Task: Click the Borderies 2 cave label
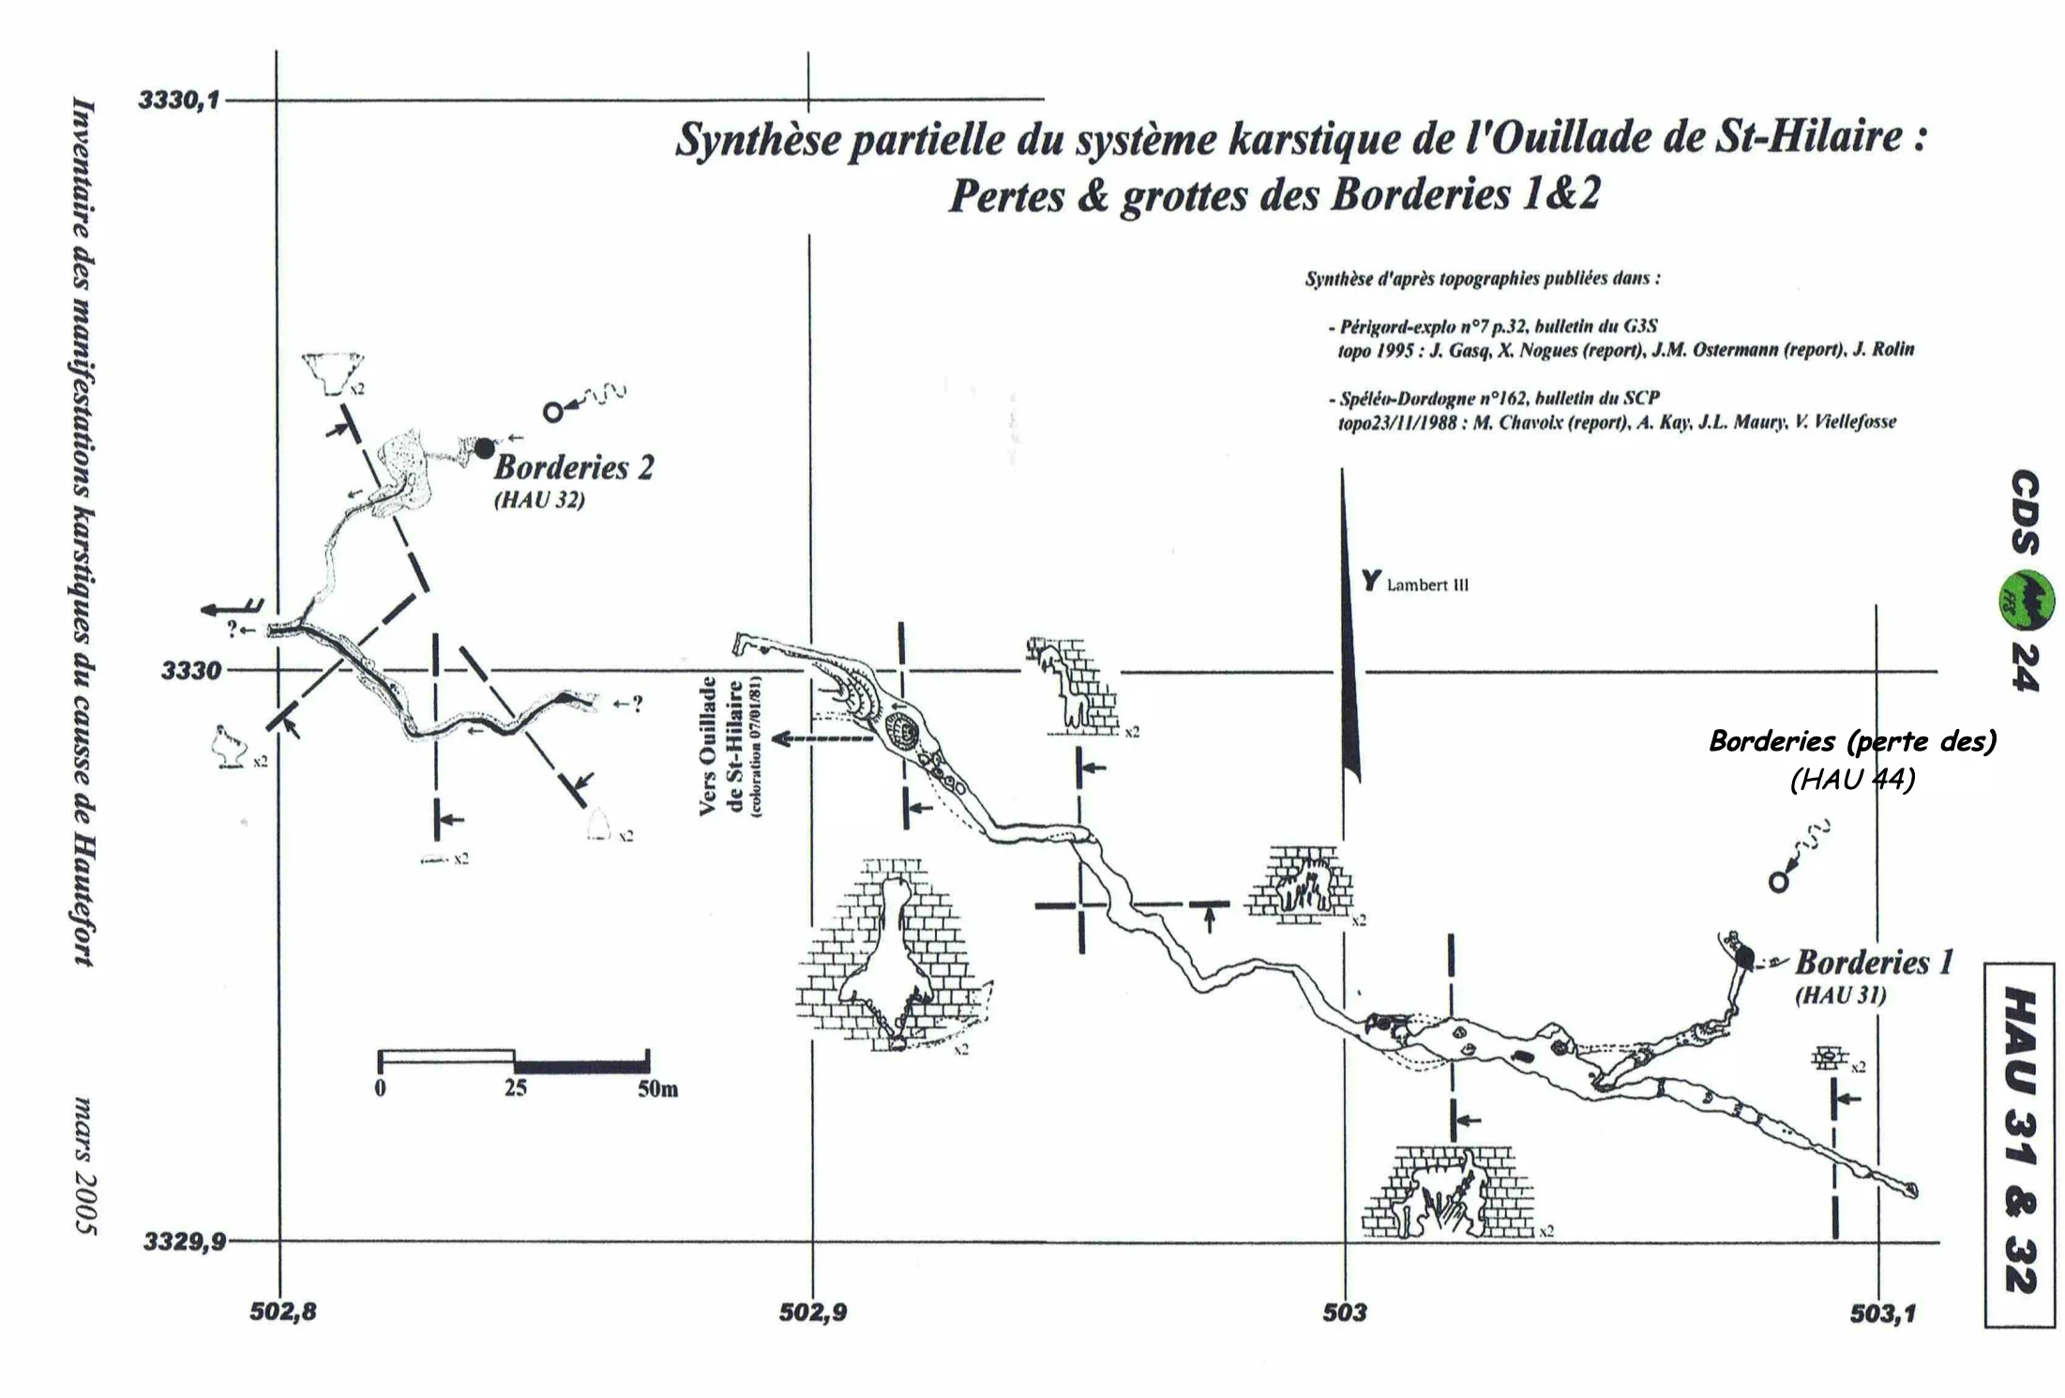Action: (574, 467)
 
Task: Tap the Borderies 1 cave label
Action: (1875, 962)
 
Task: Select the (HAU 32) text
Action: (539, 500)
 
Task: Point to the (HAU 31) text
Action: (1840, 995)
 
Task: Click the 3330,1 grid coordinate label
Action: (178, 99)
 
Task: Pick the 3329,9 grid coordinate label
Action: (185, 1241)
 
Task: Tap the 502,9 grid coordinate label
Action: (813, 1313)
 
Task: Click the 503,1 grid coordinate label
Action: (1883, 1314)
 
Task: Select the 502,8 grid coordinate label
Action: (283, 1312)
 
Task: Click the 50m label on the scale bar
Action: (657, 1089)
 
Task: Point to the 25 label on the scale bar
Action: (516, 1088)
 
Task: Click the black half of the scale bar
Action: (581, 1065)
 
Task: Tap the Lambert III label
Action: (1427, 585)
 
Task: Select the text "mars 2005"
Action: (83, 1165)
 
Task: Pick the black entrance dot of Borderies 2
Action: (484, 448)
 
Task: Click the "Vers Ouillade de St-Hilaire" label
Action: (732, 746)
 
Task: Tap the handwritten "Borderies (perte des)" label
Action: (1853, 741)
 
